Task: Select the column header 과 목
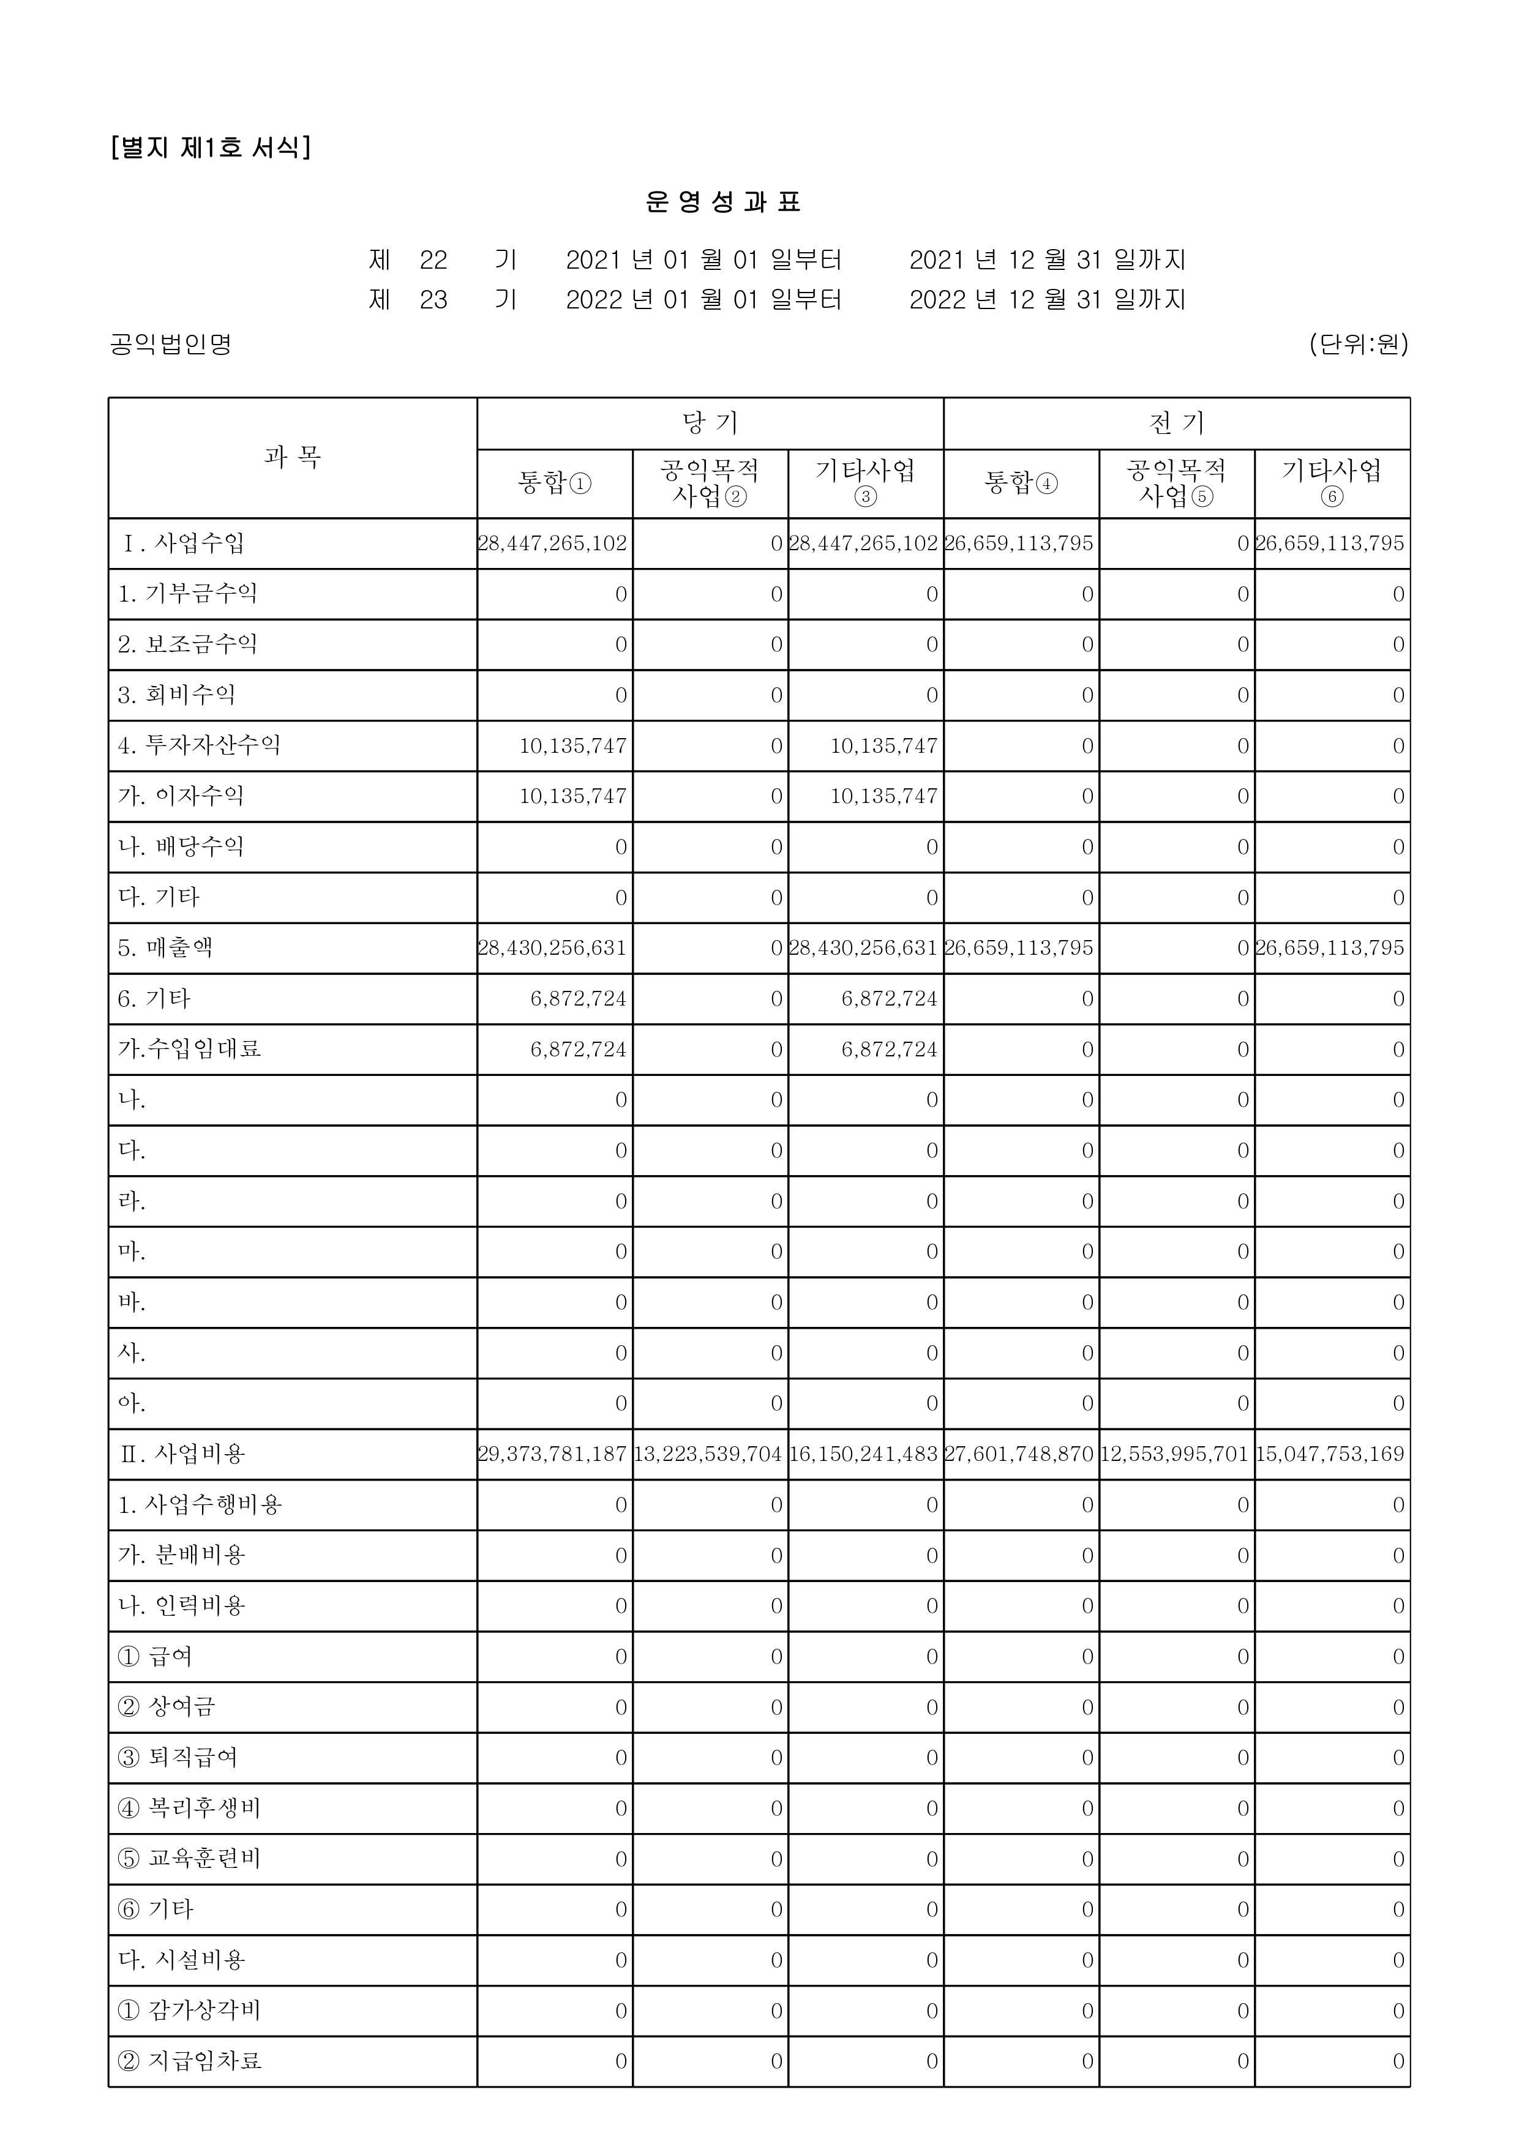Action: point(293,457)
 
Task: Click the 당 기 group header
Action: point(710,424)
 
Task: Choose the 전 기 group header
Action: point(1177,424)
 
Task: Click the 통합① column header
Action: point(555,484)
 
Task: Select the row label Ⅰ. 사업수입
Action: point(184,543)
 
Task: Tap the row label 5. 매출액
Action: point(165,948)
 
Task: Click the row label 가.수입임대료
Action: point(189,1049)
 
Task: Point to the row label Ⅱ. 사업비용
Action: point(184,1454)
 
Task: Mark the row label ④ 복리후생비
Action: point(189,1809)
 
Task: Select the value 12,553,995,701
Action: point(1175,1455)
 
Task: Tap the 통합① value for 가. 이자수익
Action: point(572,797)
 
